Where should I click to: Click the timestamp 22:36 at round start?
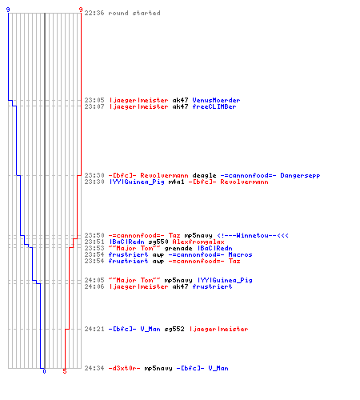(94, 13)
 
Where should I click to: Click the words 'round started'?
(134, 13)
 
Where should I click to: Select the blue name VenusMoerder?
(216, 100)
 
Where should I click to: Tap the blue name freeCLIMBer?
(214, 106)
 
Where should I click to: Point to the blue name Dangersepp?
(300, 175)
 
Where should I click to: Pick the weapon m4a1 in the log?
(176, 182)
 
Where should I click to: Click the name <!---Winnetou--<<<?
(253, 235)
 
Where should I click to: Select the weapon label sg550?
(158, 242)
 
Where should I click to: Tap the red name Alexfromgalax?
(198, 242)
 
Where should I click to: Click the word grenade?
(178, 248)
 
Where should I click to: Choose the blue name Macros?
(240, 254)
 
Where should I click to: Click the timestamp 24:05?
(94, 280)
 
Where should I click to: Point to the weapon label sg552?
(174, 329)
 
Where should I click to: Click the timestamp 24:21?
(94, 329)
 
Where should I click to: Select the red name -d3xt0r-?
(124, 368)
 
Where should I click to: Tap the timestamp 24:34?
(94, 368)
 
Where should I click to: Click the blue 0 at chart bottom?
(44, 371)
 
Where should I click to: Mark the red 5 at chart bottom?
(65, 371)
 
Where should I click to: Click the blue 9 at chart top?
(8, 10)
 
